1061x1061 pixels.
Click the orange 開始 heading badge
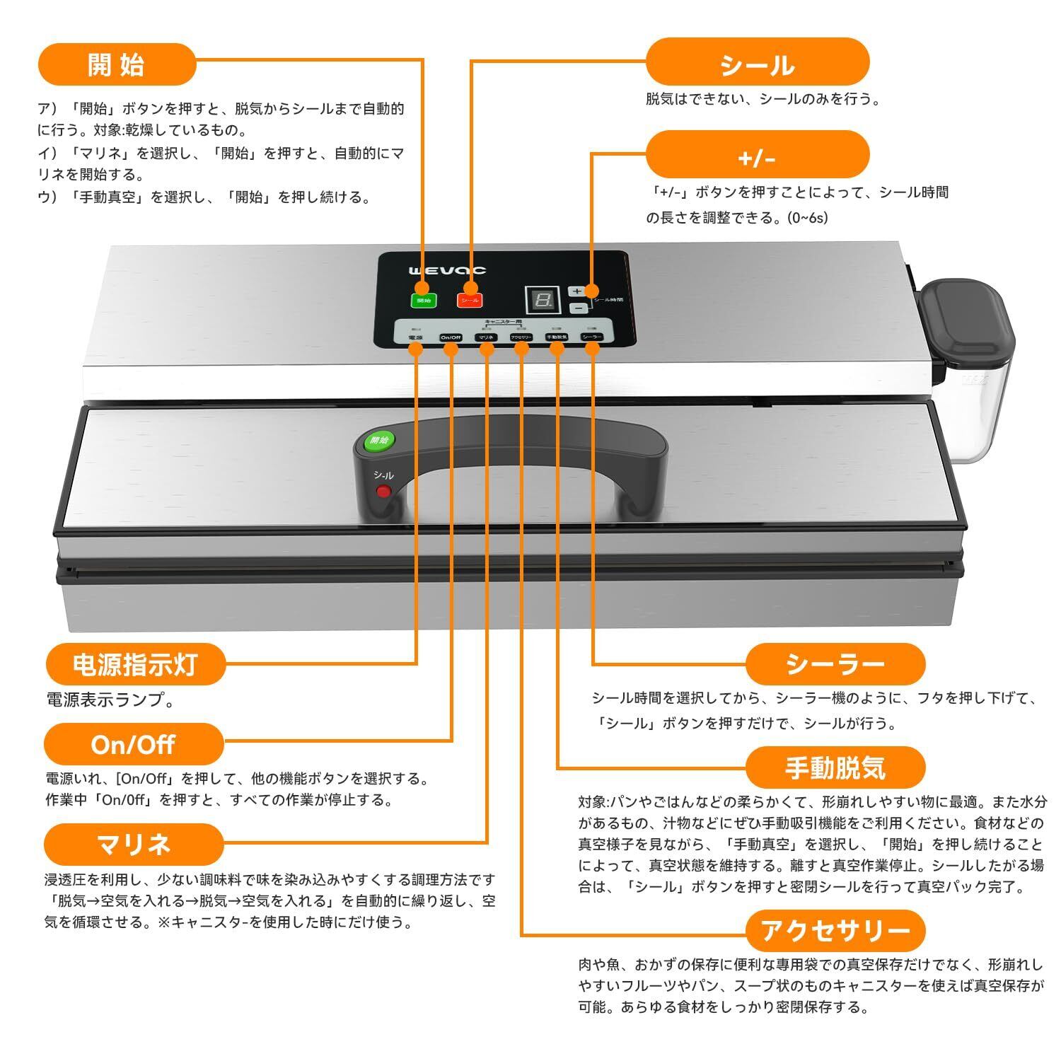click(117, 64)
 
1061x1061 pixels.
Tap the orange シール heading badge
click(757, 65)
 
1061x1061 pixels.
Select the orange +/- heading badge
click(757, 157)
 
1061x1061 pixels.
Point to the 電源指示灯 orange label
click(135, 665)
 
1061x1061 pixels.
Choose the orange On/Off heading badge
click(133, 744)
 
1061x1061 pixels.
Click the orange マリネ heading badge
click(133, 844)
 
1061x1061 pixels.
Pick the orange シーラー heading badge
click(835, 663)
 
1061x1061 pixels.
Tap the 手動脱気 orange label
click(835, 767)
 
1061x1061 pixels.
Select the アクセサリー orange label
click(835, 931)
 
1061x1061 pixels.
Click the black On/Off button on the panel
click(451, 337)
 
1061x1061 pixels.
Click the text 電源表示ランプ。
click(110, 700)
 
